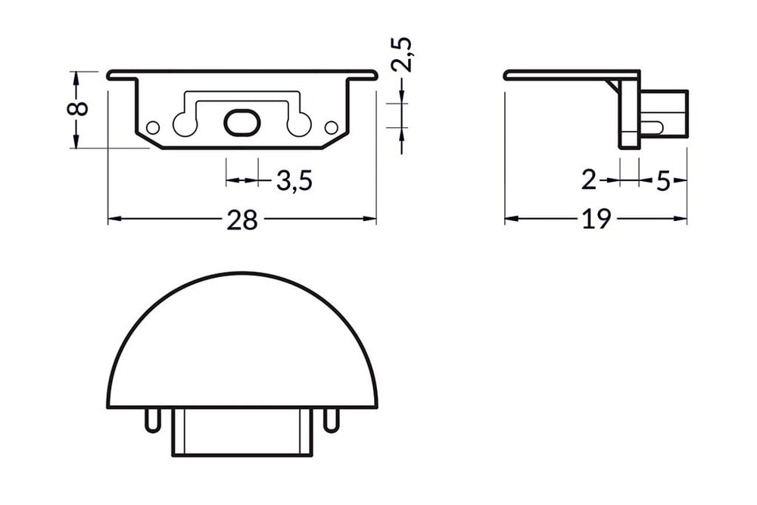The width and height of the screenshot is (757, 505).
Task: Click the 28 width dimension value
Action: [242, 220]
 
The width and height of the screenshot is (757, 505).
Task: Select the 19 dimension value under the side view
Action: [597, 220]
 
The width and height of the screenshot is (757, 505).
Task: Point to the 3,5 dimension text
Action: [294, 182]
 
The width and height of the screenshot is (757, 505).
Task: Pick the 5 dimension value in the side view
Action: [663, 182]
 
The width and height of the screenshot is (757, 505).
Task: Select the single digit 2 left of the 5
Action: [589, 181]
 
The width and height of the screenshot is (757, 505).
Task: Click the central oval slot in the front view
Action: [241, 123]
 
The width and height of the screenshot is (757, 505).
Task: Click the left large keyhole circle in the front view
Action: [184, 124]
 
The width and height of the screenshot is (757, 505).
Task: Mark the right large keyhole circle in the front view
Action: [300, 124]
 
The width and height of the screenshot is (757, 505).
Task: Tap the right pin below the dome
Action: [329, 419]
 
